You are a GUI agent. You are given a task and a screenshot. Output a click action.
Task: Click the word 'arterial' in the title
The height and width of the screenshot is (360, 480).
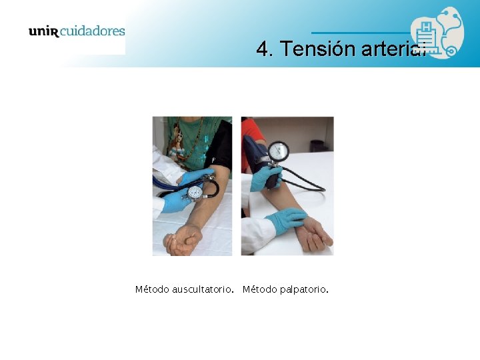393,49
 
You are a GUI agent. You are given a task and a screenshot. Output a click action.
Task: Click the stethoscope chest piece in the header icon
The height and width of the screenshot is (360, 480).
451,51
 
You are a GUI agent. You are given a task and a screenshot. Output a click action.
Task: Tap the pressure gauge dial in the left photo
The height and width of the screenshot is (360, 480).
195,193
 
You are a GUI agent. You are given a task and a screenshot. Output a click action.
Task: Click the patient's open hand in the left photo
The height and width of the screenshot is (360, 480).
181,241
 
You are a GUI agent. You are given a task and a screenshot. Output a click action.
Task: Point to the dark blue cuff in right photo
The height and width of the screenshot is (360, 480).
255,153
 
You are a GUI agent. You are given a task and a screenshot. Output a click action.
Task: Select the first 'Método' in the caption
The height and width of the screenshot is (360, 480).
152,289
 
